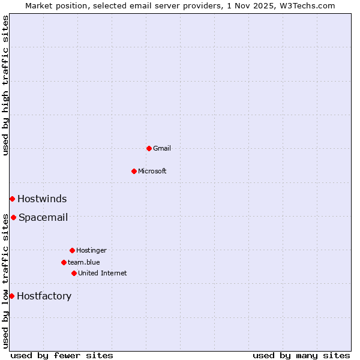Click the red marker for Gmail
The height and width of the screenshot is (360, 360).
[149, 148]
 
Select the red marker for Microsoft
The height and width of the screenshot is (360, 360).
[134, 171]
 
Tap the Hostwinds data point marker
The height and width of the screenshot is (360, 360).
[12, 199]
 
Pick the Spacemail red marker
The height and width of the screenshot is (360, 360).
[13, 217]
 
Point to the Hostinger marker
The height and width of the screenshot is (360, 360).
[72, 250]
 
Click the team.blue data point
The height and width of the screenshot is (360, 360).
[64, 262]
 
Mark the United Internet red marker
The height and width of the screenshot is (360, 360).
[74, 273]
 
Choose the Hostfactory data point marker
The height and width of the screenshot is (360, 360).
[11, 296]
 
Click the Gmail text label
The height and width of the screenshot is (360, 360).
[162, 148]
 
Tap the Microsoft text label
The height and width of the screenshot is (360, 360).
[152, 171]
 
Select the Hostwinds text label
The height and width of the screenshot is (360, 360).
[42, 199]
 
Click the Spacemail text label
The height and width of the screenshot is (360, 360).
[43, 217]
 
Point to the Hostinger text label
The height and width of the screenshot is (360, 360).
[91, 250]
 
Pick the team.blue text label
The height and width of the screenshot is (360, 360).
[84, 262]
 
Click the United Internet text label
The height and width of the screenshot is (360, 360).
[103, 273]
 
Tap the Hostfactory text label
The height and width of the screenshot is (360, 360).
[44, 296]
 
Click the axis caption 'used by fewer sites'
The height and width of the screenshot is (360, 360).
[62, 355]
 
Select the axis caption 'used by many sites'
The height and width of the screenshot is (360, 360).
[301, 355]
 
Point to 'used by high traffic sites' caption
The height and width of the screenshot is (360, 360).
[5, 85]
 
